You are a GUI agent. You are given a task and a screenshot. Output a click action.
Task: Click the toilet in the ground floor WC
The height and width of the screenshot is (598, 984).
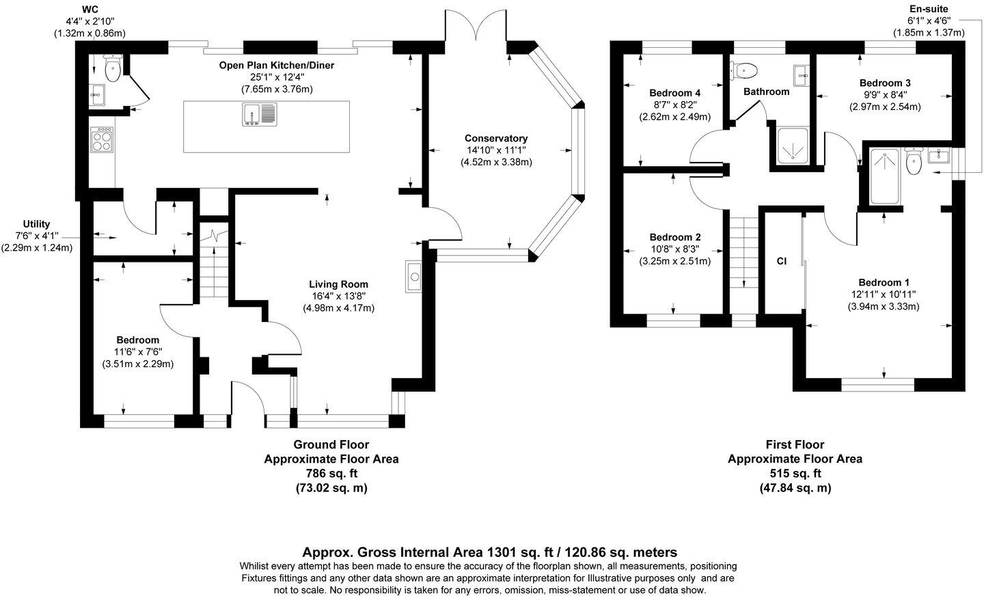point(113,68)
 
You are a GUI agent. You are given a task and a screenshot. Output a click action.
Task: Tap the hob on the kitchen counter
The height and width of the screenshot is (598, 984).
point(102,139)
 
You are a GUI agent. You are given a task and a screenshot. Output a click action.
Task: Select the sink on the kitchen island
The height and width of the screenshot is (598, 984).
point(260,114)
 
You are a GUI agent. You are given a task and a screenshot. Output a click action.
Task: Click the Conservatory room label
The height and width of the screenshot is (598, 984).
point(496,139)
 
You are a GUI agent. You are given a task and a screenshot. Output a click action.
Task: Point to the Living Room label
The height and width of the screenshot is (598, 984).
point(338,284)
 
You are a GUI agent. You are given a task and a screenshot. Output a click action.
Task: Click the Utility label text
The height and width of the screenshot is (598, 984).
point(36,224)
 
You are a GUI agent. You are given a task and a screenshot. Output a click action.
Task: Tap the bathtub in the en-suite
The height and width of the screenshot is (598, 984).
point(884,176)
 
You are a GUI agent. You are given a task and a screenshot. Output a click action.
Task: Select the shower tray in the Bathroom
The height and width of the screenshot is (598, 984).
point(793,145)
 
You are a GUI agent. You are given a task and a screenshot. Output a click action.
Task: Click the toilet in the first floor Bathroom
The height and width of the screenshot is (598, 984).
point(743,70)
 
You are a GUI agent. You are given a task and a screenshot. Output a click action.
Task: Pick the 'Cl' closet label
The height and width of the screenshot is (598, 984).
point(782,262)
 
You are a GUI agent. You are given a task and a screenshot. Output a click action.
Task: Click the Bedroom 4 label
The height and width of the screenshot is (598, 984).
point(674,93)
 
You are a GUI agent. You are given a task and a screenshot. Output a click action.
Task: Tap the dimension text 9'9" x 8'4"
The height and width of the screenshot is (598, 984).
point(885,95)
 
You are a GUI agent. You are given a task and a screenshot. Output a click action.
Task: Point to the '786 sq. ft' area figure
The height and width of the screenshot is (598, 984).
point(331,474)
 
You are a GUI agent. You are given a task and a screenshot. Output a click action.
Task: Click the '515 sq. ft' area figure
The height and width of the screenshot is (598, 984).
point(795,474)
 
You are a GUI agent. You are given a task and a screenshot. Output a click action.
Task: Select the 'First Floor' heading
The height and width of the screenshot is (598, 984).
point(795,445)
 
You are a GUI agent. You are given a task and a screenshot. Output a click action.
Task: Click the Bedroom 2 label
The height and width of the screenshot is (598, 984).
point(674,237)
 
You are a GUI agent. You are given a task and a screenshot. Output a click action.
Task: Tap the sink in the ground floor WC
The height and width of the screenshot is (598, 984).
point(97,95)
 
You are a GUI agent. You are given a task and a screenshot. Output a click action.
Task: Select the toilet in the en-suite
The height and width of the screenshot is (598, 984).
point(914,161)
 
